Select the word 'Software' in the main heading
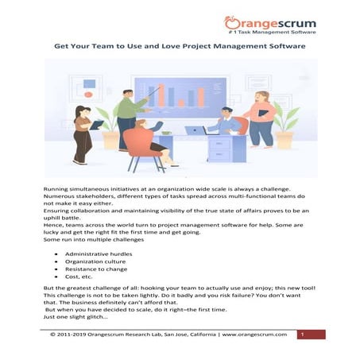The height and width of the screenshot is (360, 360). (282, 47)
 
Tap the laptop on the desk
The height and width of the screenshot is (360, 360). (195, 130)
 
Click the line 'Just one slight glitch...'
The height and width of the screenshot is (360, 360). (79, 316)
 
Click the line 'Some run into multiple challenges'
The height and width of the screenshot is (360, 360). (94, 239)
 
